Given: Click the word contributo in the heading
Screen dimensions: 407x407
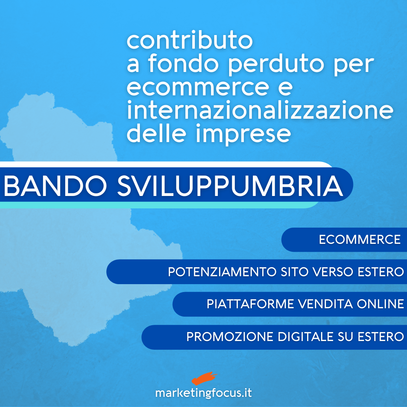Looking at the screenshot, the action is point(190,40).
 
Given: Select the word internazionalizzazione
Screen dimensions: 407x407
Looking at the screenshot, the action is point(260,110).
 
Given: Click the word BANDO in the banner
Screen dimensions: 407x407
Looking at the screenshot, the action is point(55,186).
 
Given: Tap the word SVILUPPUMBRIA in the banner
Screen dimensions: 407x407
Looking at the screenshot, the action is point(230,186).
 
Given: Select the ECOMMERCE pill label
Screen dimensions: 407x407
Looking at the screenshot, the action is point(360,240).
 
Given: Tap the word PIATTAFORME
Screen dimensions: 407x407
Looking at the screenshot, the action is point(250,304).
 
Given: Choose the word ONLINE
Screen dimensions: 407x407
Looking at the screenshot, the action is point(381,304).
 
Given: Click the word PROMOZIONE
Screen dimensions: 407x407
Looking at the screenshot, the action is point(230,337).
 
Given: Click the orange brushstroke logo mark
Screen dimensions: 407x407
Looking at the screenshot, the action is point(204,378).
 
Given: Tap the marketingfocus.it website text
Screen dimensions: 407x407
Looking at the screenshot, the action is point(203,393).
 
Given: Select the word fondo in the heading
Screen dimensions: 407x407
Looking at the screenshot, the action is point(183,63).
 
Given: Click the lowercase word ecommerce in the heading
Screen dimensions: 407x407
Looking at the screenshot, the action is point(198,87).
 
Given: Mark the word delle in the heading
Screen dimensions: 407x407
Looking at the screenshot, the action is point(156,133).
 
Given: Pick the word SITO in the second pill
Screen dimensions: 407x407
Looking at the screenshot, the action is point(294,272).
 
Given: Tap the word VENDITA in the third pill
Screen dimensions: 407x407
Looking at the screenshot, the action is point(325,304).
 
